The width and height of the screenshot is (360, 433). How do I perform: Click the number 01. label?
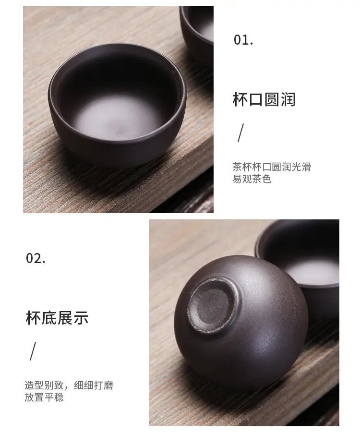(243, 40)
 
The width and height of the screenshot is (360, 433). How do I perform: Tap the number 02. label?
(36, 258)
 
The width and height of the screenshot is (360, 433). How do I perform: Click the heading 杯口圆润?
(264, 99)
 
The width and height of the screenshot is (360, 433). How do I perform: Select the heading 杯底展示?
(57, 318)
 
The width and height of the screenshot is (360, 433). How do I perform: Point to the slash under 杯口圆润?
(241, 132)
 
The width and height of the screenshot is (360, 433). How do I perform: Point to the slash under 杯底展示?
(33, 351)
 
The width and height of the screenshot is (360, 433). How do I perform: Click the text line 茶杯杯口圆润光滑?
(272, 167)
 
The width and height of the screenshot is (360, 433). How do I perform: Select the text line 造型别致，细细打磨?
(69, 385)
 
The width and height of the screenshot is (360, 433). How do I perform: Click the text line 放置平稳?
(44, 397)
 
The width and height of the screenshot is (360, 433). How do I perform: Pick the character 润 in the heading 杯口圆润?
(288, 99)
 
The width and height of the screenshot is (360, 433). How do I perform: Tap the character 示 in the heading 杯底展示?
(81, 318)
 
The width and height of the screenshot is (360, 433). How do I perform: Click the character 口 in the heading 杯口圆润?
(256, 99)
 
